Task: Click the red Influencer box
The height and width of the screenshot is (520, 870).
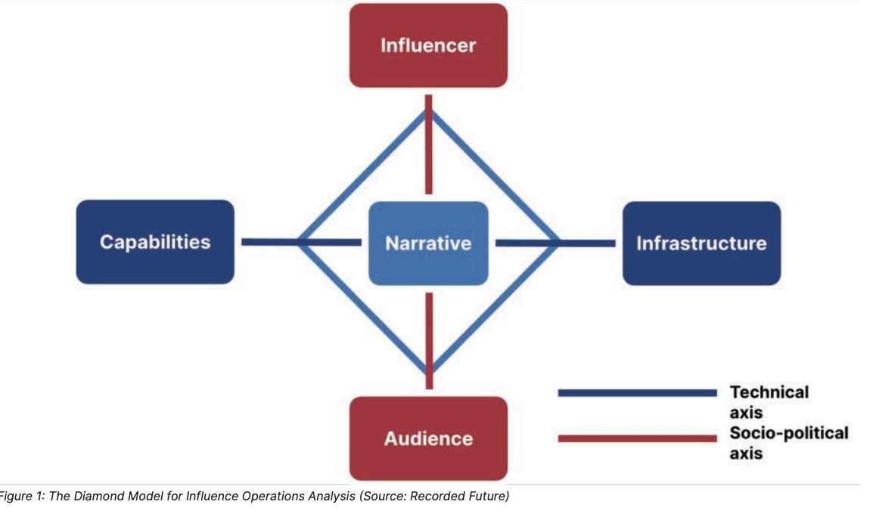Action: (x=428, y=45)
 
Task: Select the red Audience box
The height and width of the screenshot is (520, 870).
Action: (x=428, y=438)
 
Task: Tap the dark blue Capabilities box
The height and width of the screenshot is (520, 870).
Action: (x=155, y=242)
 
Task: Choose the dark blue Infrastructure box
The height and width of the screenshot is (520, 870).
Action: (x=701, y=243)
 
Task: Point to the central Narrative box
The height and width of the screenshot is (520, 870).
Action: (x=428, y=243)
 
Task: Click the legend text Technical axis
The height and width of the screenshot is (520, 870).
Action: (x=768, y=402)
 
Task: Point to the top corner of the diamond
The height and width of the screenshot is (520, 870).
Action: (x=429, y=110)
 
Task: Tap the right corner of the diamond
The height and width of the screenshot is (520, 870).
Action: (x=558, y=243)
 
